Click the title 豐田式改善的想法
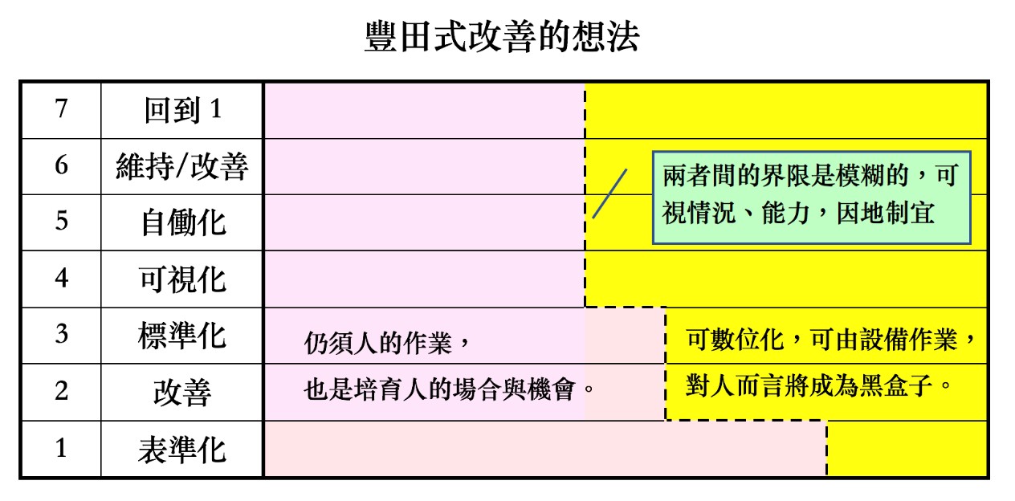click(x=502, y=37)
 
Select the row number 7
click(x=62, y=109)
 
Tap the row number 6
click(x=62, y=165)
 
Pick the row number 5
click(x=62, y=222)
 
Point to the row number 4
click(x=62, y=278)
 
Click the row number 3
click(x=62, y=334)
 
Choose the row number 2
click(x=62, y=391)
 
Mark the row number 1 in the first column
click(x=62, y=448)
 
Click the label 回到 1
click(x=183, y=110)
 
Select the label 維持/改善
click(x=182, y=166)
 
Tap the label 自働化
click(x=183, y=222)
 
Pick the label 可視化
click(x=182, y=279)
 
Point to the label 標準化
click(x=182, y=336)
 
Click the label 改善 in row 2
click(x=182, y=393)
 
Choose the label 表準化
click(x=182, y=450)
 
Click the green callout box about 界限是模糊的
click(x=812, y=198)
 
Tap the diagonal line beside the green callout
click(x=610, y=193)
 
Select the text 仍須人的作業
click(x=377, y=343)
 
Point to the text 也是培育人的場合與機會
click(x=439, y=389)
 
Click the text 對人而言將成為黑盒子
click(x=809, y=386)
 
